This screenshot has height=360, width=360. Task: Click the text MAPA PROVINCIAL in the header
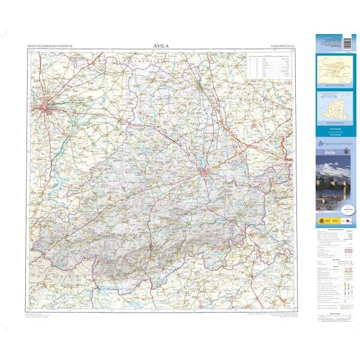[284, 46]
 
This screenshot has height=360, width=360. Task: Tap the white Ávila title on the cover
[327, 154]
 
